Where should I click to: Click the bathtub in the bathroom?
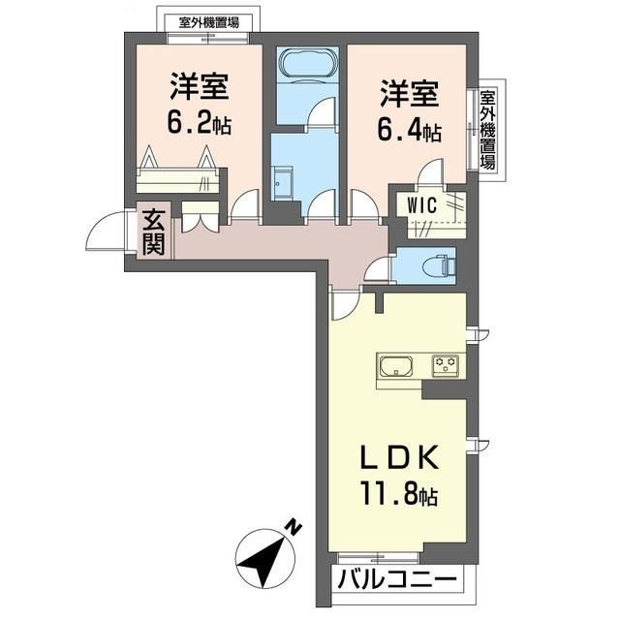[309, 62]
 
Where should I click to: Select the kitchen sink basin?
[396, 366]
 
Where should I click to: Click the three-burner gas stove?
[446, 365]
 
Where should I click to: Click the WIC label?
[422, 205]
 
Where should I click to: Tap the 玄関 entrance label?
[153, 232]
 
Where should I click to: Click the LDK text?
[399, 457]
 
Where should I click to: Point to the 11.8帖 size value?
[398, 493]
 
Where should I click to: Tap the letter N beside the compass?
[294, 527]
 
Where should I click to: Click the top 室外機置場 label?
[209, 22]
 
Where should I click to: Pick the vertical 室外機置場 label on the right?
[488, 130]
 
